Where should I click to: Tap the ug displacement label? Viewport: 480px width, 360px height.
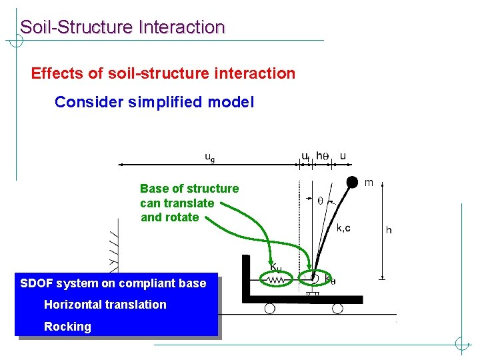pos(209,158)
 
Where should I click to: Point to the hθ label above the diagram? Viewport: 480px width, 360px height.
pos(323,156)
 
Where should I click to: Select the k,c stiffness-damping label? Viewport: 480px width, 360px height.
pos(343,228)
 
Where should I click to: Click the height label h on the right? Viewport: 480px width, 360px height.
pos(389,231)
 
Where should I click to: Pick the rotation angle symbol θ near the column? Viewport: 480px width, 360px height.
pos(320,200)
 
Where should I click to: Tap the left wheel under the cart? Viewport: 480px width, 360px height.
pos(269,309)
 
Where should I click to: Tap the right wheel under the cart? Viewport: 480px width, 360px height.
pos(337,309)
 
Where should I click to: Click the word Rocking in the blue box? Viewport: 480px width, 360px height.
pos(67,327)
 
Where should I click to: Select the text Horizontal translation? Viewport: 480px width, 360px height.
pos(105,305)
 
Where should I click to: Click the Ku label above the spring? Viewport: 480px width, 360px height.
pos(276,267)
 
